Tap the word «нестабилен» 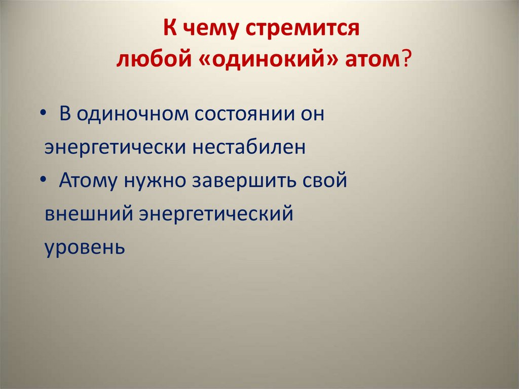(249, 147)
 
